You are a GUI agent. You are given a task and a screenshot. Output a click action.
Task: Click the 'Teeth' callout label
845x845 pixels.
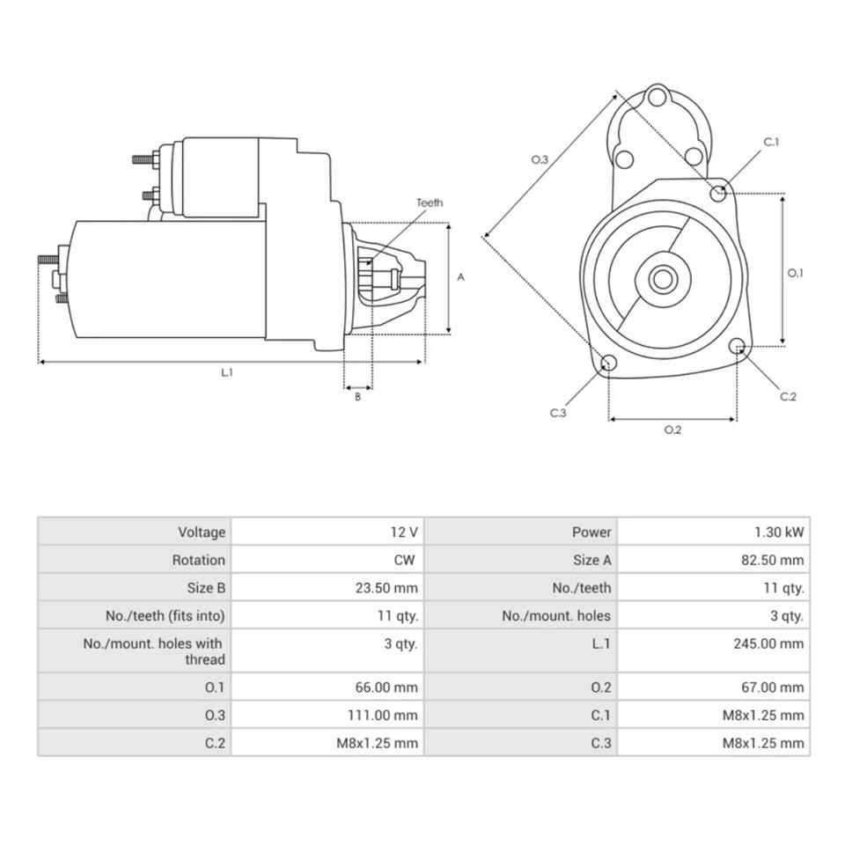tap(430, 203)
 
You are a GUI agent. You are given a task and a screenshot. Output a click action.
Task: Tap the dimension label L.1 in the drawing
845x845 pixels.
tap(227, 372)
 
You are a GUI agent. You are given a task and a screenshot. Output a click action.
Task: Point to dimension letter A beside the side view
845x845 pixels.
tap(460, 277)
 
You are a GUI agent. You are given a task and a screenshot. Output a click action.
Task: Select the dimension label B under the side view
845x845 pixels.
tap(357, 397)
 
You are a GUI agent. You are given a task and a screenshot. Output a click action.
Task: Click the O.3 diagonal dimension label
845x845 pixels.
tap(540, 159)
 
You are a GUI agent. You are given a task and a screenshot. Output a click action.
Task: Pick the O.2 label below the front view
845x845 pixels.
tap(672, 430)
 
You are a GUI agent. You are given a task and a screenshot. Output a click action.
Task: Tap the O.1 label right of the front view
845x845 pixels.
tap(795, 273)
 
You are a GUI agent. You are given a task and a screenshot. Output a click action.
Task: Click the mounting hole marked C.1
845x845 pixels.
tap(718, 193)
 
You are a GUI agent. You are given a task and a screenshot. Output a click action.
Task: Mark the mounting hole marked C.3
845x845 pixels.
tap(607, 364)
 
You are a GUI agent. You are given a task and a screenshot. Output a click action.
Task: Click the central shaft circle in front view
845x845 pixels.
tap(662, 280)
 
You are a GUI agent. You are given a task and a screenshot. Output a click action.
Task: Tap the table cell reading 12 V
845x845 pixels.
tap(404, 532)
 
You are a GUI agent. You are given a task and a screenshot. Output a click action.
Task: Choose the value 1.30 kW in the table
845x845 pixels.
tap(778, 532)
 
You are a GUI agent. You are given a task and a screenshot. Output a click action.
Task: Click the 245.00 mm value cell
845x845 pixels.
tap(768, 643)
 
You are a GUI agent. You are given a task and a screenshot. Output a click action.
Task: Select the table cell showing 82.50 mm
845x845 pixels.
tap(772, 560)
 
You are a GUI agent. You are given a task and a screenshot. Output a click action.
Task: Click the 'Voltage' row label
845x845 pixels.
tap(202, 532)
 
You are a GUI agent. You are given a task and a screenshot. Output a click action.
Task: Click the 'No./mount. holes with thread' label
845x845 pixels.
tap(154, 651)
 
